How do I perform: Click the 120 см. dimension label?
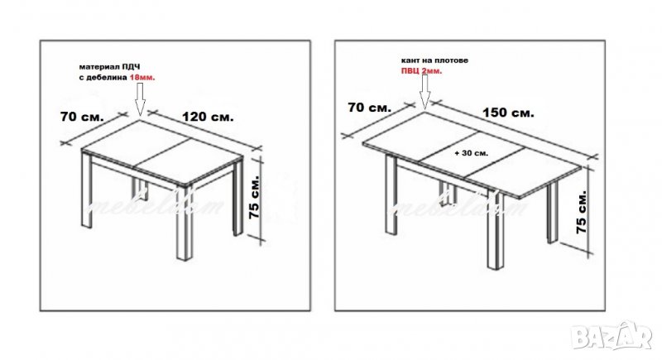(x=208, y=117)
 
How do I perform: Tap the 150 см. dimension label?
(x=508, y=113)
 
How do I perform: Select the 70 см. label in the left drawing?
(x=82, y=117)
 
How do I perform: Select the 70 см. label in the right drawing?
(x=369, y=108)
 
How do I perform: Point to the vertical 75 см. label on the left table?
(x=255, y=196)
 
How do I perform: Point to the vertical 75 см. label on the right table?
(x=582, y=213)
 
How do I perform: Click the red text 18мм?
(x=142, y=78)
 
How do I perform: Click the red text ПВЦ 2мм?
(x=421, y=71)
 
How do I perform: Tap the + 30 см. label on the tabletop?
(x=471, y=153)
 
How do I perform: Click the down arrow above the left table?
(x=140, y=98)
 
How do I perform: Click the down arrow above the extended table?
(x=425, y=91)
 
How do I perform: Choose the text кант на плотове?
(x=434, y=60)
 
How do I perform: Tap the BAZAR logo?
(x=612, y=335)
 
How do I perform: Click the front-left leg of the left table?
(x=87, y=190)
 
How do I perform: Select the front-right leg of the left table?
(x=185, y=223)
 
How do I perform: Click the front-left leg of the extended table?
(x=391, y=194)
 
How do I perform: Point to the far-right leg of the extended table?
(x=553, y=214)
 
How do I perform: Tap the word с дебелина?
(x=103, y=78)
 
